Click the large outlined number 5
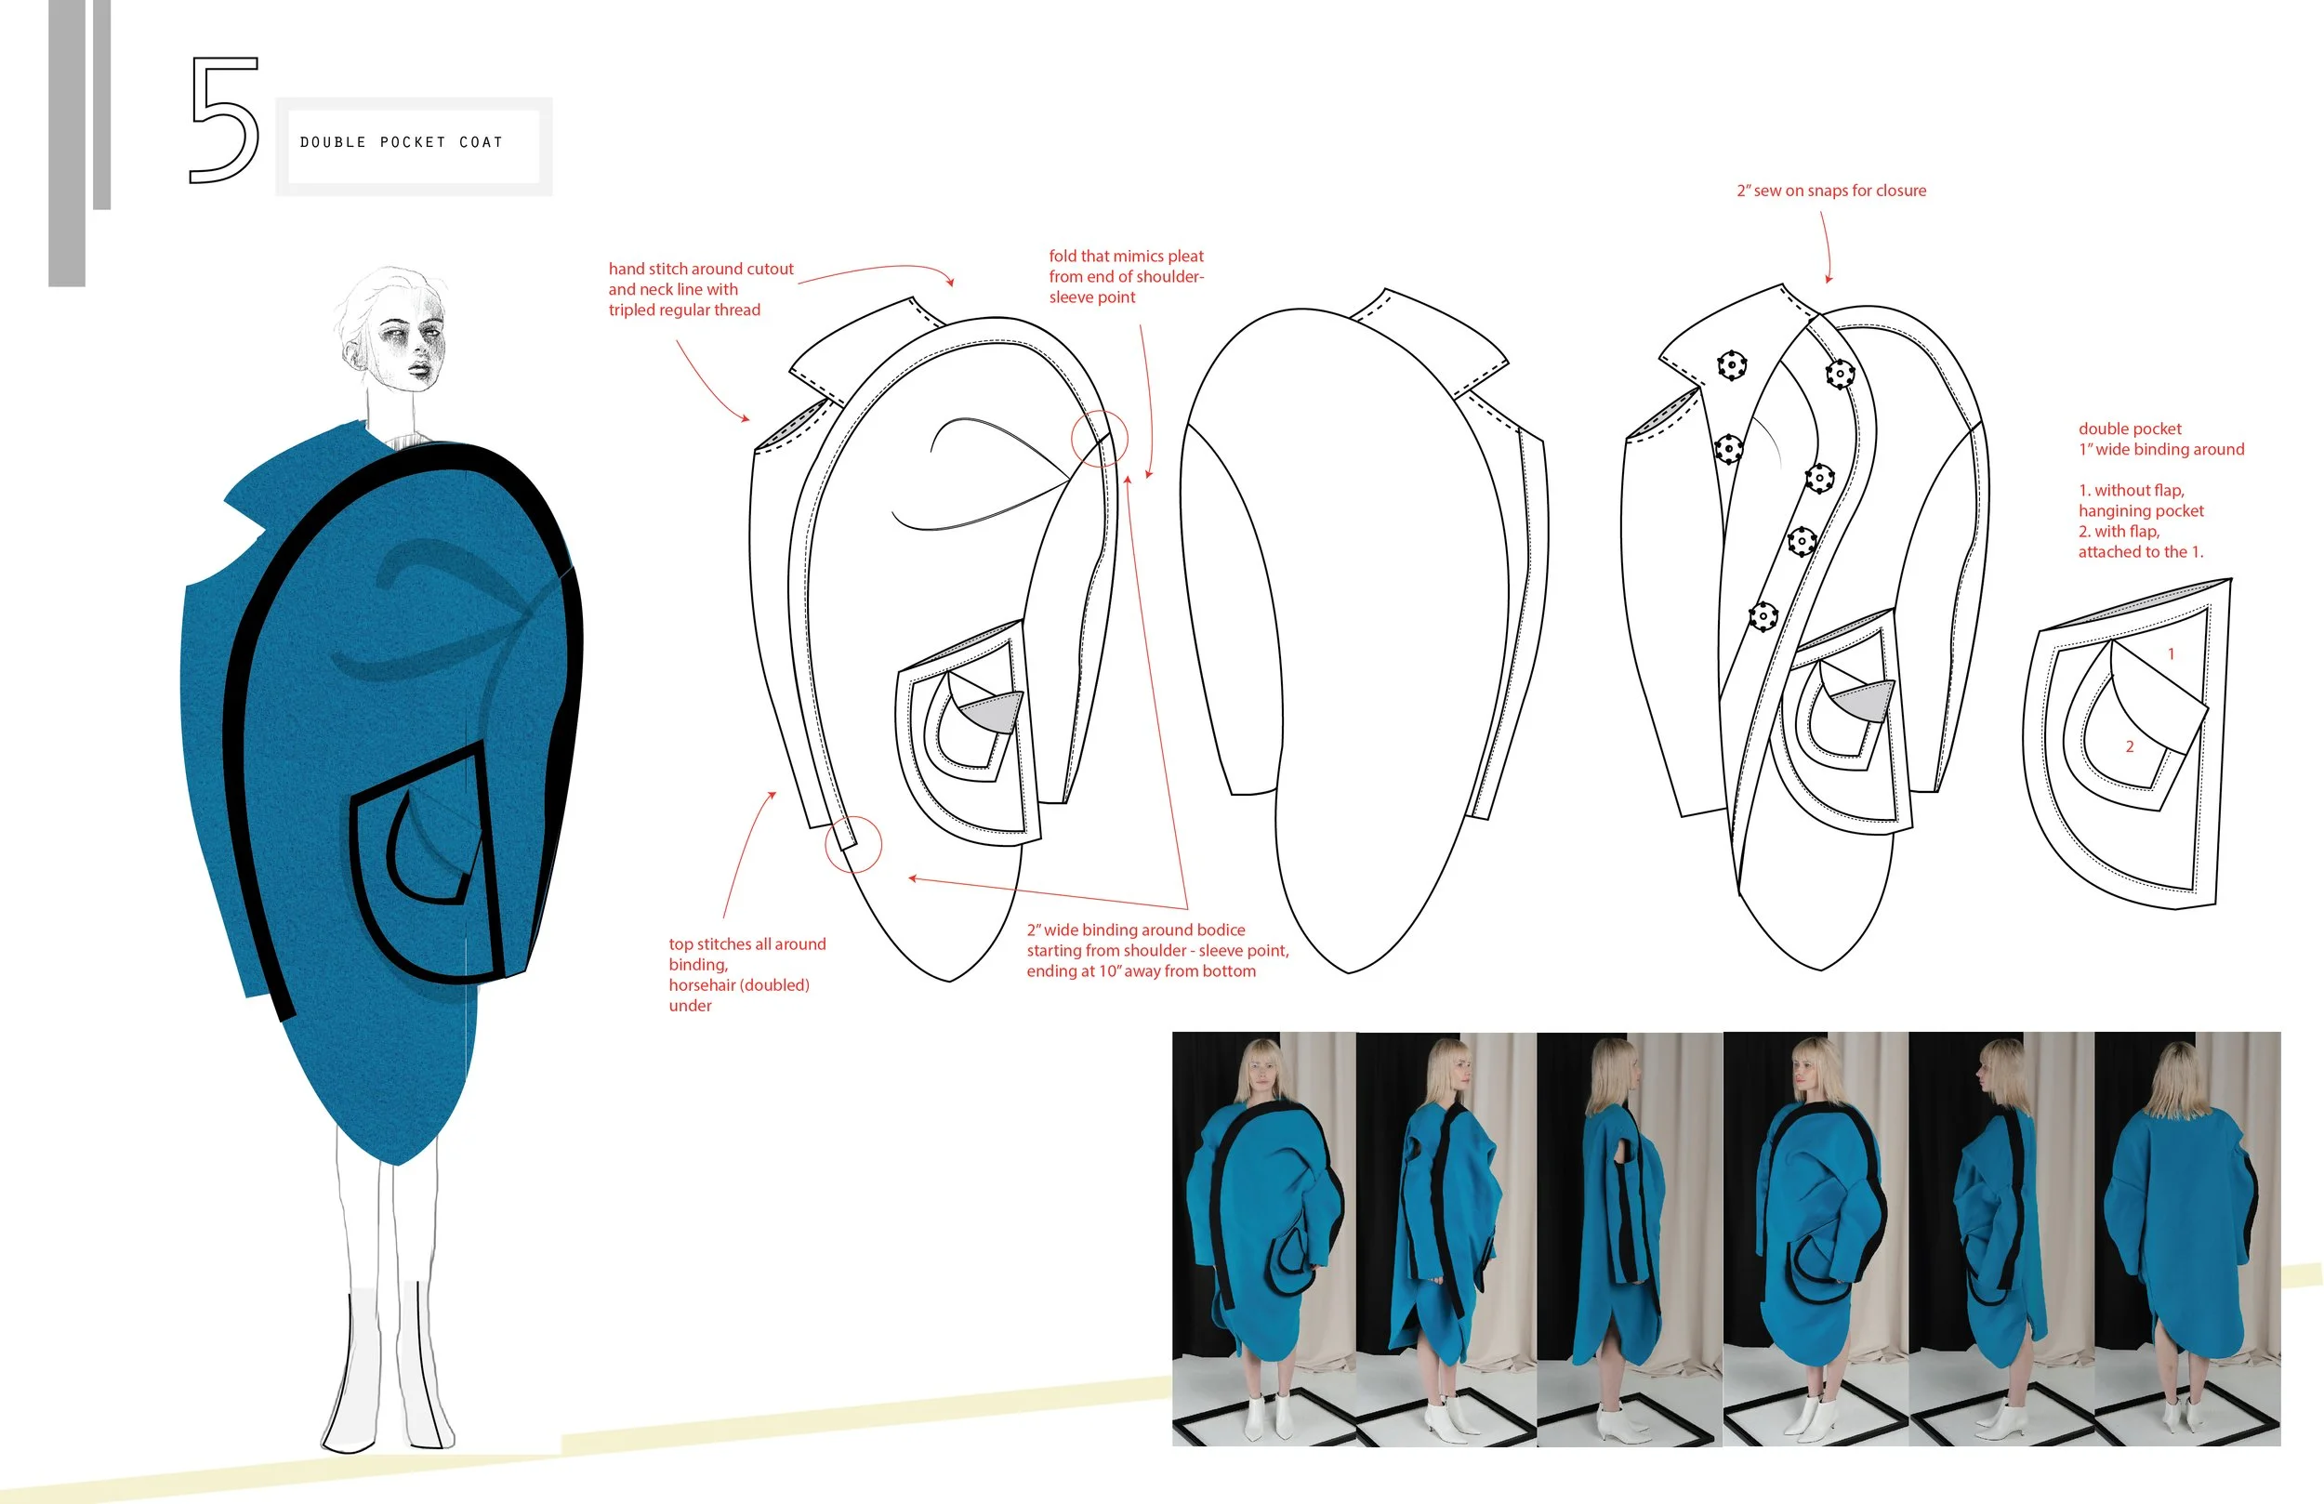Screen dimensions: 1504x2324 225,120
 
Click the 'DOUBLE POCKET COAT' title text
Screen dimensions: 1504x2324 402,142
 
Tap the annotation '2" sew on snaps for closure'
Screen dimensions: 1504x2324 1831,191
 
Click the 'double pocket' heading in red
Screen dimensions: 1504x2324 2129,429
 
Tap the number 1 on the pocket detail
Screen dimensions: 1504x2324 2171,653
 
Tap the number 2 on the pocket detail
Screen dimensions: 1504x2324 2130,746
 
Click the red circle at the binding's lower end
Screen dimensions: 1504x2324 852,844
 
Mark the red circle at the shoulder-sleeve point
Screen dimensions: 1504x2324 1099,439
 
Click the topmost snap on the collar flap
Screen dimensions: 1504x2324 1731,365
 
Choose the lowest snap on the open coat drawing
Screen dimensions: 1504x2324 1763,616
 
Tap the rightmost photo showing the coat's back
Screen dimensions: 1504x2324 2187,1238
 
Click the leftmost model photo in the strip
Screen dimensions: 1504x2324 1263,1238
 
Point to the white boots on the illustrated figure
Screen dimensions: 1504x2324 390,1367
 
